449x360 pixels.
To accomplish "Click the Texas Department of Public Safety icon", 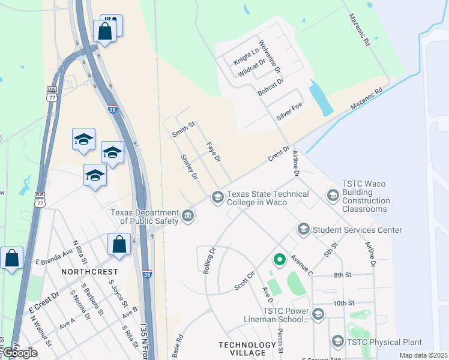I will pyautogui.click(x=188, y=215).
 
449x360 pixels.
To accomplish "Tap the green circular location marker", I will pyautogui.click(x=279, y=260).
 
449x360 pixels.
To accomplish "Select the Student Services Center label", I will pyautogui.click(x=357, y=230).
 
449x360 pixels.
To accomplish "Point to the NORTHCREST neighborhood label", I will pyautogui.click(x=89, y=272).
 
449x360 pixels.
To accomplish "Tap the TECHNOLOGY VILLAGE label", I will pyautogui.click(x=247, y=349).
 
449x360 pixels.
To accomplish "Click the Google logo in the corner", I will pyautogui.click(x=20, y=353).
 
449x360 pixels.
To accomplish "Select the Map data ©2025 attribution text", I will pyautogui.click(x=424, y=355).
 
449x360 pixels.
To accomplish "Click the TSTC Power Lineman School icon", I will pyautogui.click(x=318, y=314).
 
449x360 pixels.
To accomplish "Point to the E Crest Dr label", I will pyautogui.click(x=43, y=304).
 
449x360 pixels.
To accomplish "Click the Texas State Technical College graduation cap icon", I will pyautogui.click(x=217, y=197).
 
